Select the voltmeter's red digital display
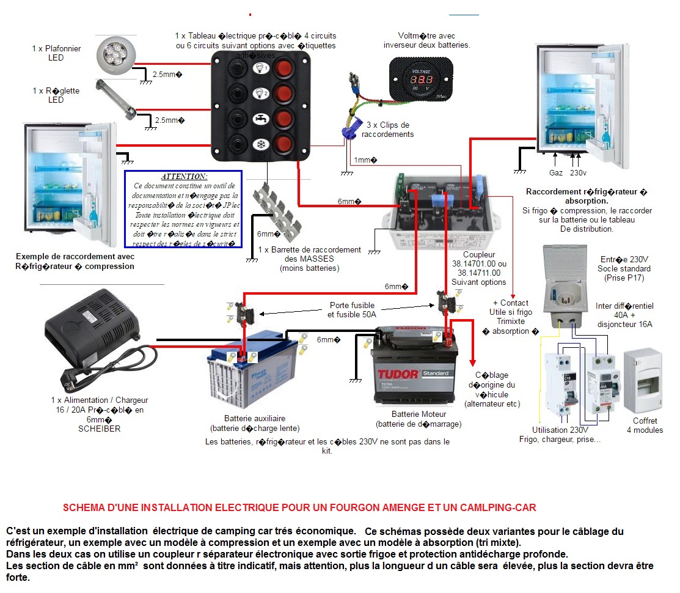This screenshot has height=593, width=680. pyautogui.click(x=422, y=80)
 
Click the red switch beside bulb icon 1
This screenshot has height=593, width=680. pyautogui.click(x=283, y=67)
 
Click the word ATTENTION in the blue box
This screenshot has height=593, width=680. pyautogui.click(x=184, y=176)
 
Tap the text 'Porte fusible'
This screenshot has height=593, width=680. pyautogui.click(x=351, y=305)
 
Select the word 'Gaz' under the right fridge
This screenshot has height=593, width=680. pyautogui.click(x=556, y=174)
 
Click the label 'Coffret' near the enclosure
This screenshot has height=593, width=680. pyautogui.click(x=645, y=421)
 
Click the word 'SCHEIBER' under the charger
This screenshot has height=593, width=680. pyautogui.click(x=100, y=429)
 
